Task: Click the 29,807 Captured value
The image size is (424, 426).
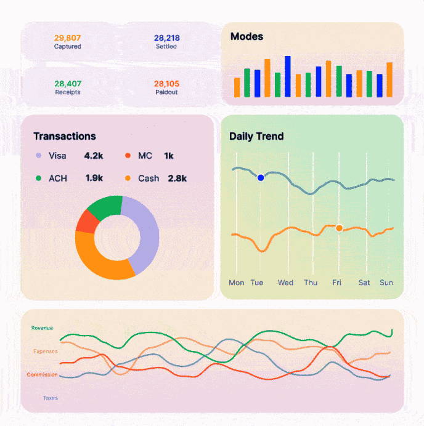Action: coord(67,38)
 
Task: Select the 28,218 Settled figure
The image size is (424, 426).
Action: coord(166,38)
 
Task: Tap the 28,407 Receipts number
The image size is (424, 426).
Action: coord(67,84)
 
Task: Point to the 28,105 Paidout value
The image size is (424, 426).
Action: coord(166,84)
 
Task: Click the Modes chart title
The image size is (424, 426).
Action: coord(247,36)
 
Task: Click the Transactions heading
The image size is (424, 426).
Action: coord(65,136)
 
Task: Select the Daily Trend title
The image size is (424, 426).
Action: coord(256,136)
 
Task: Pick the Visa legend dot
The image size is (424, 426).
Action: coord(38,156)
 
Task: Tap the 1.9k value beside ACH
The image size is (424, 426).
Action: coord(94,178)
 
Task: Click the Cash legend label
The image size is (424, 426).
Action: coord(149,178)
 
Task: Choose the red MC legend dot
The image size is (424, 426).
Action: coord(128,156)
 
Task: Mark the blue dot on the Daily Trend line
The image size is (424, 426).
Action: coord(261,177)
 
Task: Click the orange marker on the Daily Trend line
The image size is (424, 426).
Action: coord(339,228)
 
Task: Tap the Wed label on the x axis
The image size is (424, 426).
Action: coord(285,283)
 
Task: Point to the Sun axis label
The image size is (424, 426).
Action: coord(386,283)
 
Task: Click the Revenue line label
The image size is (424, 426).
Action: coord(42,328)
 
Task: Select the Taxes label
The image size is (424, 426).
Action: coord(51,398)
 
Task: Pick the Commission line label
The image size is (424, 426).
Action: coord(43,375)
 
